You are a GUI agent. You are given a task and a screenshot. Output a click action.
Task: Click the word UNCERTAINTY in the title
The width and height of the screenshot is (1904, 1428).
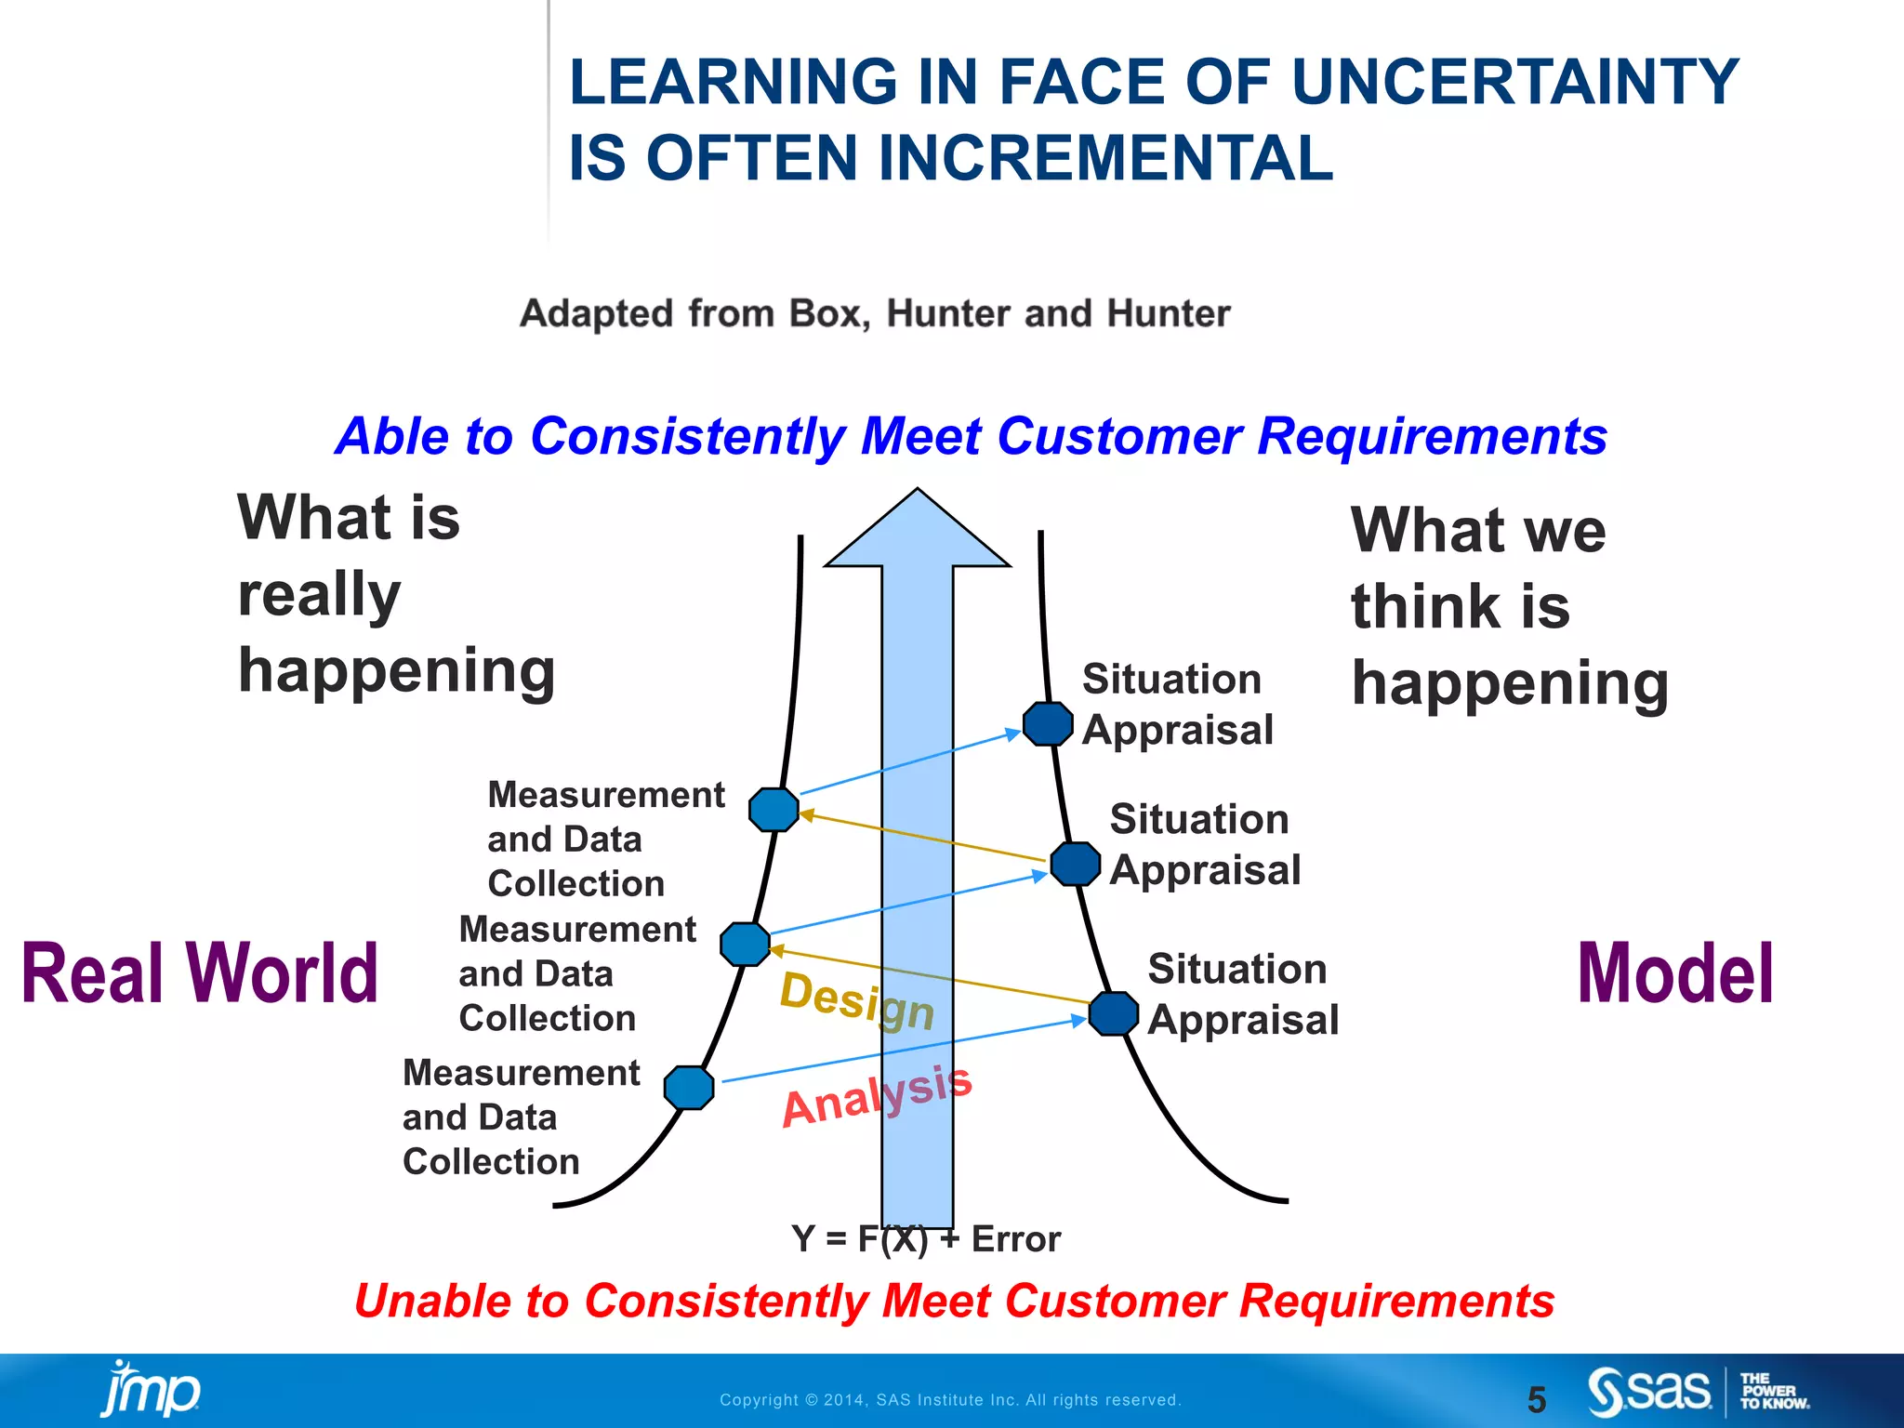(1514, 82)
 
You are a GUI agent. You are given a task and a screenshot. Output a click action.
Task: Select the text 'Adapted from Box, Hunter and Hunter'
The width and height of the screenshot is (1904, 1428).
(874, 313)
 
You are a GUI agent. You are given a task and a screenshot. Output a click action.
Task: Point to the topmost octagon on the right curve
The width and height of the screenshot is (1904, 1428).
(1048, 723)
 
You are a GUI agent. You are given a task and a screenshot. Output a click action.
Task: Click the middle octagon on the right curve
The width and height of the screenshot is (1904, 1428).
(1076, 864)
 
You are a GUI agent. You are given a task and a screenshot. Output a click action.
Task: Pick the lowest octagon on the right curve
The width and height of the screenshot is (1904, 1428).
(1113, 1013)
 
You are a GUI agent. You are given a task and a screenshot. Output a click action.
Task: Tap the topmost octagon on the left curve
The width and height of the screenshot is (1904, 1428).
(773, 809)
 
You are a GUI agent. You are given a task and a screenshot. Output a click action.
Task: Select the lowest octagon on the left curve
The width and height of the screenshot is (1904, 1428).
(689, 1088)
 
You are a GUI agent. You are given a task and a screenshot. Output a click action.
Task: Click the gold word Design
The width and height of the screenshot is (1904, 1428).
(856, 1000)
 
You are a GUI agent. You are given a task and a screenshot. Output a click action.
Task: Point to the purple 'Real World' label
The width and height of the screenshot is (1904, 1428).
(200, 973)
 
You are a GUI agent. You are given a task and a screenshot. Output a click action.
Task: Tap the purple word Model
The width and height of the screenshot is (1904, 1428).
(1675, 973)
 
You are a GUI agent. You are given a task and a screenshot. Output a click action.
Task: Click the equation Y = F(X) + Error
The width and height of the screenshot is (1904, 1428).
(925, 1239)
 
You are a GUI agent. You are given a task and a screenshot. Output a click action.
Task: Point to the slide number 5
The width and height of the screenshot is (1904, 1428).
(1537, 1399)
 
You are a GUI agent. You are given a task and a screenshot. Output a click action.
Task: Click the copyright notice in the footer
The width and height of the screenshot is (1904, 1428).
(950, 1400)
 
